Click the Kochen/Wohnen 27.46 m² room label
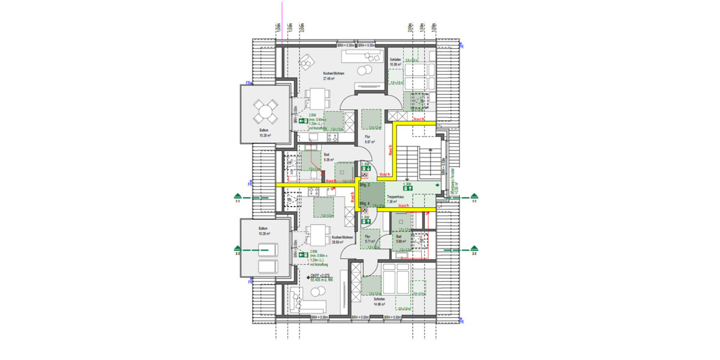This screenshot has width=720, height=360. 329,76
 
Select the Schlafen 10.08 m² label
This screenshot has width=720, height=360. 395,62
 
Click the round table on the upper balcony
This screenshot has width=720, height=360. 265,110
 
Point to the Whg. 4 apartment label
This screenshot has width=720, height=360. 364,203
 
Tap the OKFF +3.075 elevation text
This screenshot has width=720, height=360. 320,275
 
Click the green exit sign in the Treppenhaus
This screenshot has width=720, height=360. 411,188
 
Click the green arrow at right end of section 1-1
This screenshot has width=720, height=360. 473,196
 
